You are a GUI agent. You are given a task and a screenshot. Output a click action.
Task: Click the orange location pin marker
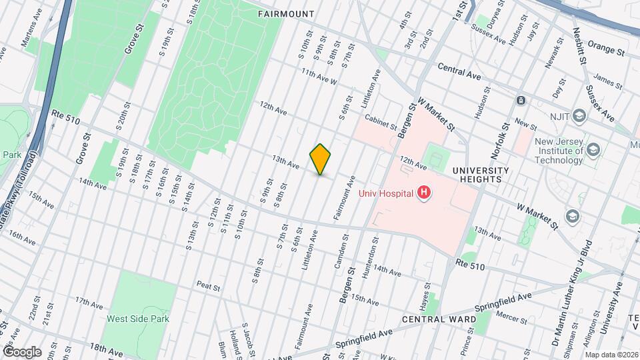(x=321, y=159)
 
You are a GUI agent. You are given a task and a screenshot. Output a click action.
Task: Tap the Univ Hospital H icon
(x=423, y=193)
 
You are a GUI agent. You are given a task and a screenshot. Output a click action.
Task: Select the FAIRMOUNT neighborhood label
(x=287, y=13)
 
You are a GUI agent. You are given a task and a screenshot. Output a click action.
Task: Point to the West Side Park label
(x=138, y=319)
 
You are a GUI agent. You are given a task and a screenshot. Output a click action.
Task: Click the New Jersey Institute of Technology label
(x=549, y=151)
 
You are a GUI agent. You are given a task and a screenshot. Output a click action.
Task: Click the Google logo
(x=21, y=351)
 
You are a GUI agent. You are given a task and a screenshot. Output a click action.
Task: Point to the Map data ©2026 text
(x=610, y=355)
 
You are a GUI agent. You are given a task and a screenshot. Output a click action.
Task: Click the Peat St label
(x=208, y=285)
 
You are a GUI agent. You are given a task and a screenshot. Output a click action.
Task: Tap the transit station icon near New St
(x=521, y=101)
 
